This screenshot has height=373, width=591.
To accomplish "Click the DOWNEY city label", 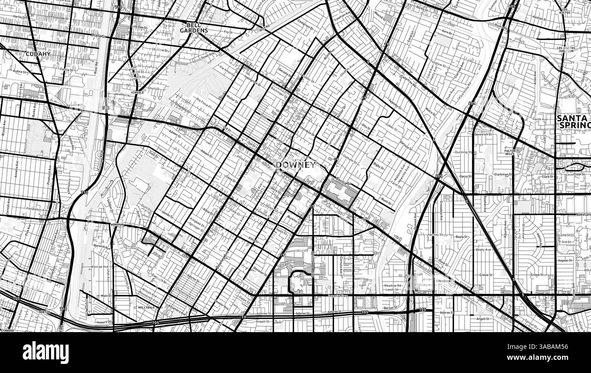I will (x=295, y=164).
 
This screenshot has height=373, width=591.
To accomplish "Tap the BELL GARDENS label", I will (x=194, y=28).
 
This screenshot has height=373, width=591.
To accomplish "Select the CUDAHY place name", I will (x=38, y=54).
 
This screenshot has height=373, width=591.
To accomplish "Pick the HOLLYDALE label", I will (x=147, y=308).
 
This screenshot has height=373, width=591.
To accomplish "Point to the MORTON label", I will (x=44, y=312).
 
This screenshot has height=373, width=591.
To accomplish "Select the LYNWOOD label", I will (x=8, y=330).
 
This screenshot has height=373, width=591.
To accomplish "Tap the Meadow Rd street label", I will (x=393, y=285).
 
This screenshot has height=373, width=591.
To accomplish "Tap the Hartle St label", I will (x=20, y=16).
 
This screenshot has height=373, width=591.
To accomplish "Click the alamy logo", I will (x=45, y=352).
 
